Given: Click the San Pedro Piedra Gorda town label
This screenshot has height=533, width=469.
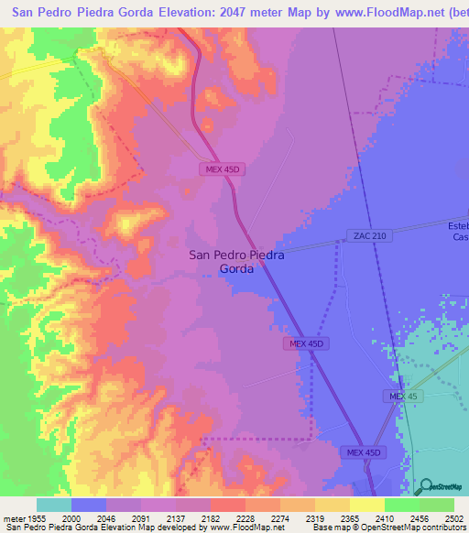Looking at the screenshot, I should (x=236, y=263).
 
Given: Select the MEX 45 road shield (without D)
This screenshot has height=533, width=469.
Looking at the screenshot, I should (x=396, y=395).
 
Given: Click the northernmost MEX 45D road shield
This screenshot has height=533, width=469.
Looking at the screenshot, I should (x=222, y=169).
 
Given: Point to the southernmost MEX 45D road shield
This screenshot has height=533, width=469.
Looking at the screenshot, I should (x=363, y=452).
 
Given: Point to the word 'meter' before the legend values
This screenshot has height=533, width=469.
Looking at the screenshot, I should (x=14, y=517).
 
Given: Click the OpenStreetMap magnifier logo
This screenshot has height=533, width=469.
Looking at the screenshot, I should (x=426, y=487).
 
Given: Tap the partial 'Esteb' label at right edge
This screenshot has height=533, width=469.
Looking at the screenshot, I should (x=457, y=226).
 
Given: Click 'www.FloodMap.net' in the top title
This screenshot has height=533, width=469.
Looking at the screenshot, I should (x=377, y=13).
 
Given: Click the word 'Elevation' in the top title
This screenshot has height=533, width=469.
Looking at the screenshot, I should (x=177, y=13).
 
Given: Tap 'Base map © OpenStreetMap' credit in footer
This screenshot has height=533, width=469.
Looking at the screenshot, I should (x=365, y=528).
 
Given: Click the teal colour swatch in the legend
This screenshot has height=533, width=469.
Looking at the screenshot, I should (x=53, y=505).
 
